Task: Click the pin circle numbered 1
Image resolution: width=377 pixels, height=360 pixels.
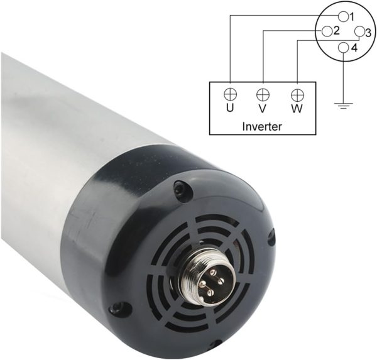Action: point(343,16)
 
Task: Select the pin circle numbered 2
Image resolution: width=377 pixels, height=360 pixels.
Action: point(327,31)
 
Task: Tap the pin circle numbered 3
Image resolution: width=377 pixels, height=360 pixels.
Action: point(359,31)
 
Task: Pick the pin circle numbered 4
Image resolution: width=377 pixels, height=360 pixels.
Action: point(343,47)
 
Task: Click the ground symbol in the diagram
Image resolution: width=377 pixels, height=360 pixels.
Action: point(344,106)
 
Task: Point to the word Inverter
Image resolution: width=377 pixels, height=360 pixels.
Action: point(262,126)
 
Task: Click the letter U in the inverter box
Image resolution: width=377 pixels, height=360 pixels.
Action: point(230,109)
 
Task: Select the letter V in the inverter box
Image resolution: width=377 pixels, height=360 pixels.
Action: point(263,109)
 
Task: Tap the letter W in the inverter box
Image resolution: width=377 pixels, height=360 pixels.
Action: point(297,109)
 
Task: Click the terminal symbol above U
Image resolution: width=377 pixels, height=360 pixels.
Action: point(230,94)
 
